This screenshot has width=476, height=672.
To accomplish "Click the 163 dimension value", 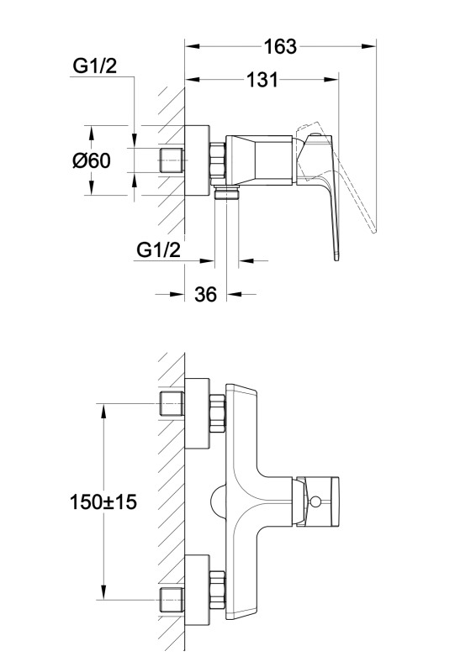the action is pos(280,46).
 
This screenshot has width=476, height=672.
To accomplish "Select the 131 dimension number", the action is pos(262,80).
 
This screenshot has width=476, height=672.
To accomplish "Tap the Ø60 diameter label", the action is pos(92,160).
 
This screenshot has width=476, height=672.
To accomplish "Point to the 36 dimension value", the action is pos(205,294).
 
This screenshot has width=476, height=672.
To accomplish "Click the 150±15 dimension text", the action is pos(103,501).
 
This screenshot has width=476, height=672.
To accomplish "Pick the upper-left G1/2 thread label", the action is pos(94,66).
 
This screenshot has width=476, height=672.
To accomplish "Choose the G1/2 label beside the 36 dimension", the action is pos(158,249).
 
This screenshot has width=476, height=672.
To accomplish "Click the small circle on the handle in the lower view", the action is pos(316,501).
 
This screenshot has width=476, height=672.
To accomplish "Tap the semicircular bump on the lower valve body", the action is pos(218,501).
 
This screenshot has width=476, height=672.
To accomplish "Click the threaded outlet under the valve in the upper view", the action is pos(226,193).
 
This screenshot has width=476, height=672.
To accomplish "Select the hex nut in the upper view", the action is pos(218,160).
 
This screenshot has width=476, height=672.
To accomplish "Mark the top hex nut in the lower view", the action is pos(218,413).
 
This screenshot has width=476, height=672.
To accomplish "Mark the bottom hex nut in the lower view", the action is pos(218,590).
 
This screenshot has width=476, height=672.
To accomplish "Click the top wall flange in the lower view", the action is pos(197,413).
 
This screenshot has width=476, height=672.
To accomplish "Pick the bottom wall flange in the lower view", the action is pos(197,590).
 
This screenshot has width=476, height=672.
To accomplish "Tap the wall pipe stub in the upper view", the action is pos(172,160).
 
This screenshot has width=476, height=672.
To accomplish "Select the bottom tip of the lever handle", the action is pos(337,259).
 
